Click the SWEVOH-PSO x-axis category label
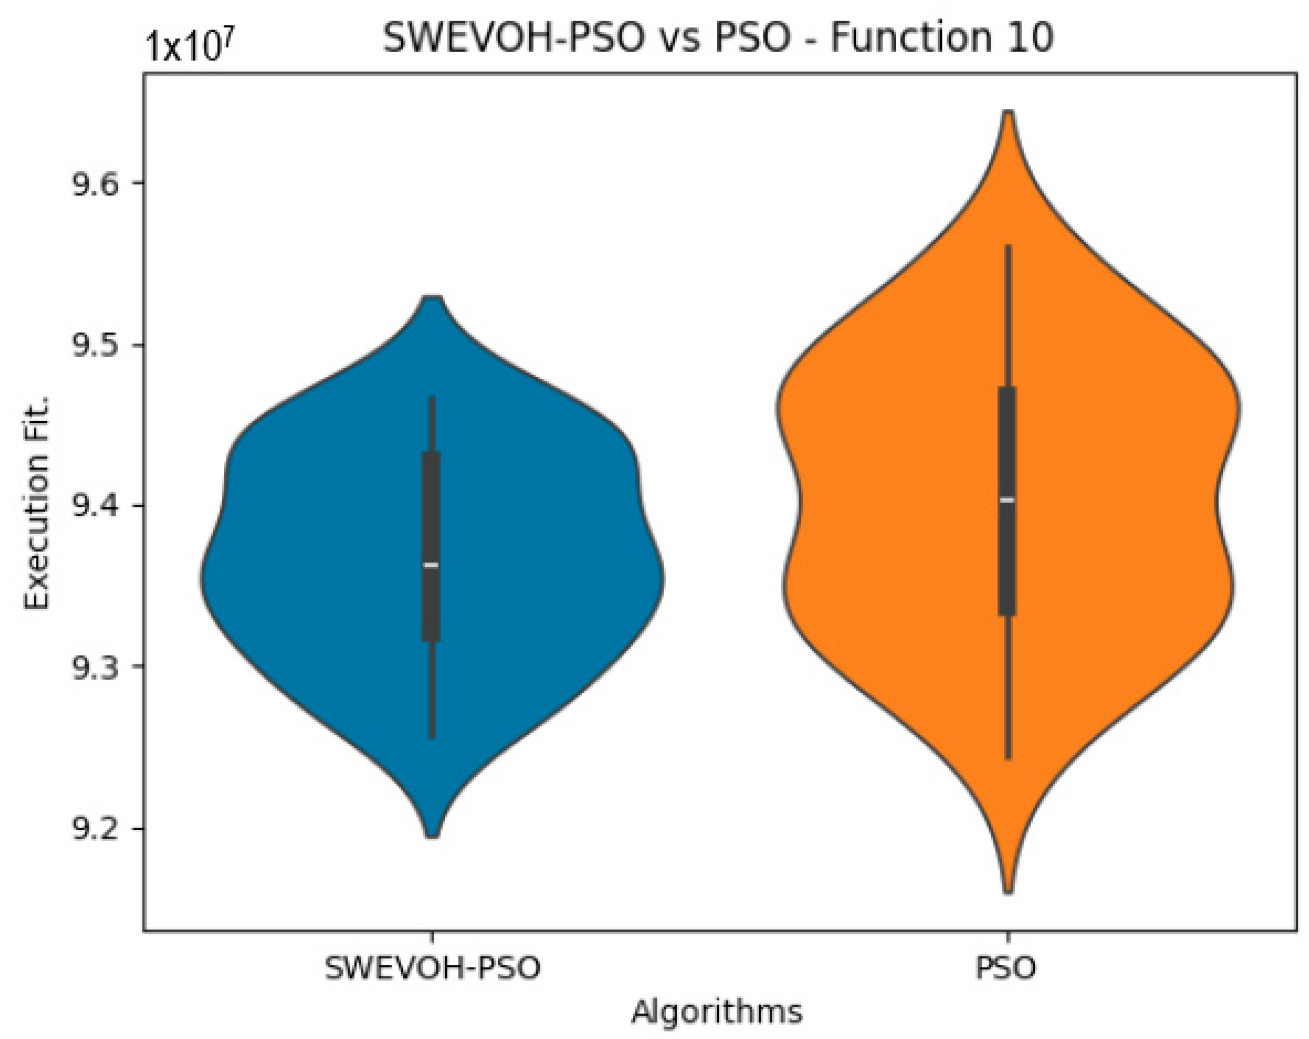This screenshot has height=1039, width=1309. click(433, 968)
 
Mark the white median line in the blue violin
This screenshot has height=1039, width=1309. click(431, 565)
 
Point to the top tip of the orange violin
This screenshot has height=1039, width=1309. click(1008, 113)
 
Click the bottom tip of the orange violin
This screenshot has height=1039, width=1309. click(1008, 891)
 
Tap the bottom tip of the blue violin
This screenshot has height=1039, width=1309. click(431, 836)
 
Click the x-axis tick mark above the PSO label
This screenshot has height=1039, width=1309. click(1008, 936)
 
